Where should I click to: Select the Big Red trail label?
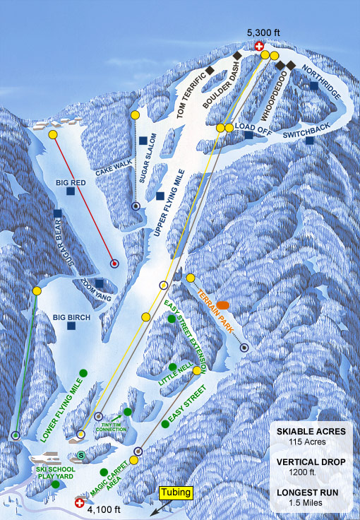70,182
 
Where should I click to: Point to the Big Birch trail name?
71,318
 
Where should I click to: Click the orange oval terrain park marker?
223,305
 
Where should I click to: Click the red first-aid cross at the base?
80,504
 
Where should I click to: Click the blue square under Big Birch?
71,326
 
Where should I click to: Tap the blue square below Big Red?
70,191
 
